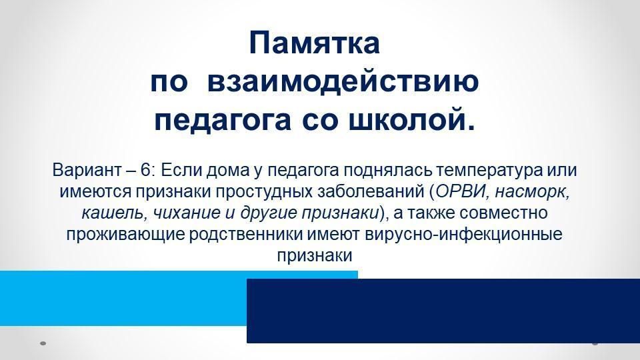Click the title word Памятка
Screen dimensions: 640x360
(314, 43)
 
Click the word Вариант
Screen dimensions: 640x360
(87, 170)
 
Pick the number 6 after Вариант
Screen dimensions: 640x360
(145, 170)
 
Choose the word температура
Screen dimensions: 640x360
(489, 171)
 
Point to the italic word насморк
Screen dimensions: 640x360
(531, 192)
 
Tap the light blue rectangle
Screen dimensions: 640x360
(123, 298)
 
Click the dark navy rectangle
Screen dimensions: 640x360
(443, 311)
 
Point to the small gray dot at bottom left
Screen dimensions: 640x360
(43, 343)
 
